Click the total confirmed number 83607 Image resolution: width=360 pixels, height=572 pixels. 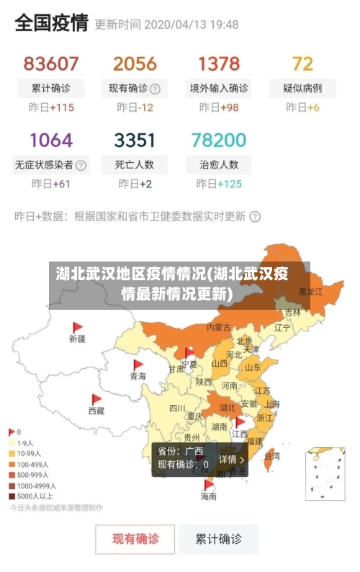tap(50, 64)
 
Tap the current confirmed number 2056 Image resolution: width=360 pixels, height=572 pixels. tap(135, 64)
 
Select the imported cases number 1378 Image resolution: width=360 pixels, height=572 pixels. tap(219, 64)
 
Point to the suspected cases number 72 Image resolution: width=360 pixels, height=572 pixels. tap(302, 64)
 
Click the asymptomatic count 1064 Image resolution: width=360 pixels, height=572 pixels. tap(50, 139)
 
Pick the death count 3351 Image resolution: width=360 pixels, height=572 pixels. tap(135, 139)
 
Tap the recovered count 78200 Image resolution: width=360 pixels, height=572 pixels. tap(219, 139)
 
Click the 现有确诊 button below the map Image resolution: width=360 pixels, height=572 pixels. tap(135, 538)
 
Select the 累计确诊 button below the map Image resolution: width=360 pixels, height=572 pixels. tap(219, 538)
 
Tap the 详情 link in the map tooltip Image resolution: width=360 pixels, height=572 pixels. tap(231, 459)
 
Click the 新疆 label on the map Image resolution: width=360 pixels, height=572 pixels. tap(77, 338)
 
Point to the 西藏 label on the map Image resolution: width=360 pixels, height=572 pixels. tap(96, 411)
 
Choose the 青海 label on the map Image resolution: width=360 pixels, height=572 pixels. tap(138, 376)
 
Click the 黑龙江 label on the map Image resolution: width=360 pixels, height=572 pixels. tap(311, 292)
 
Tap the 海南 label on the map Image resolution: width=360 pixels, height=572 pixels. tap(208, 496)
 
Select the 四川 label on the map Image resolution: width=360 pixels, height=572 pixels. tap(177, 408)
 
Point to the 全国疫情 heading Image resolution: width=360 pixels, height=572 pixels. tap(51, 23)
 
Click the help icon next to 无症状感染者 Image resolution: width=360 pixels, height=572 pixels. tap(81, 165)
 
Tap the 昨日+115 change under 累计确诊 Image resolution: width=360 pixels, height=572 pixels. tap(51, 107)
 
